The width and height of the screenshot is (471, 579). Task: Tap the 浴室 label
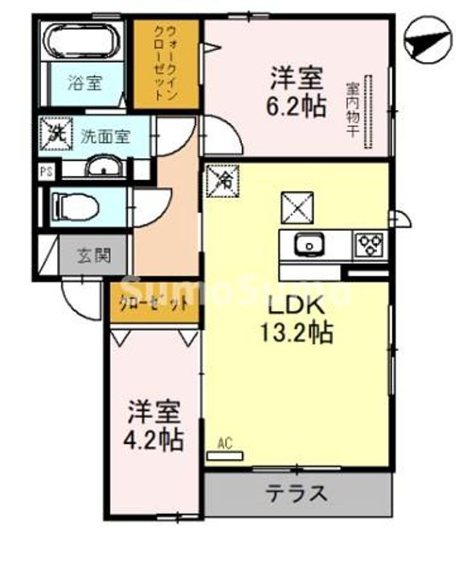[x=84, y=82]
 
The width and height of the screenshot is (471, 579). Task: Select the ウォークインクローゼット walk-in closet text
[x=166, y=63]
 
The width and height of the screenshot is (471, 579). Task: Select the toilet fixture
[x=76, y=204]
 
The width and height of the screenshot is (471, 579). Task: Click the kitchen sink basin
[x=308, y=244]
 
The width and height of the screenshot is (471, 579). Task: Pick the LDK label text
[x=295, y=306]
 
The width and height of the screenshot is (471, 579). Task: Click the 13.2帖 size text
[x=295, y=333]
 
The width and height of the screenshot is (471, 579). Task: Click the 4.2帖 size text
[x=155, y=439]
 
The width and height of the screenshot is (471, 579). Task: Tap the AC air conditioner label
[x=224, y=443]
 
